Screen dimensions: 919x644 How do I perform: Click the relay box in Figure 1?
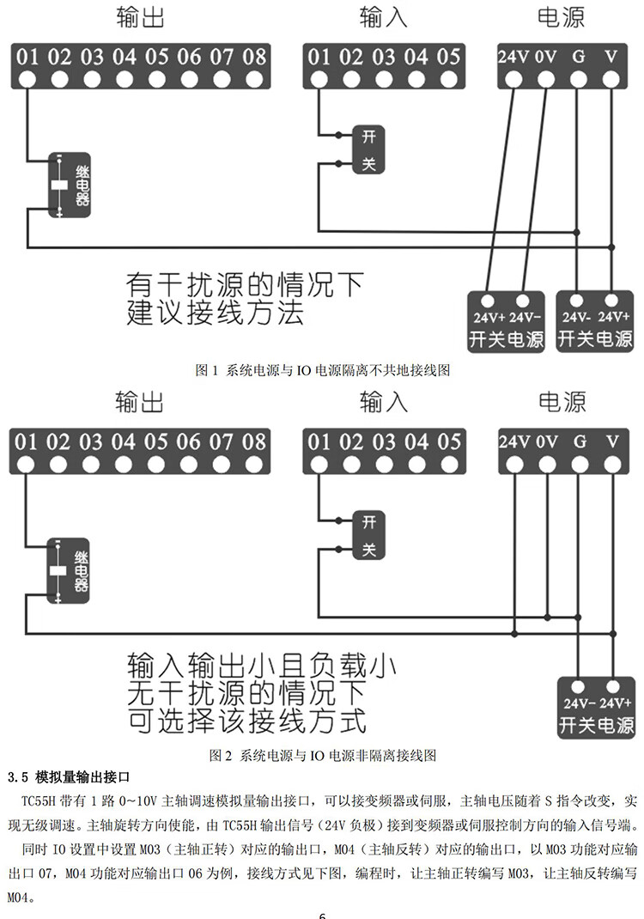point(69,186)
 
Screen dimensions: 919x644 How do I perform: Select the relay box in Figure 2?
point(68,570)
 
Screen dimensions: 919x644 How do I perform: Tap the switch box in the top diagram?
point(368,149)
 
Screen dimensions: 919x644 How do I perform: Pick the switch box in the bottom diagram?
point(368,535)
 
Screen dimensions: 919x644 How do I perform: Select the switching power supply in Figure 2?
point(595,707)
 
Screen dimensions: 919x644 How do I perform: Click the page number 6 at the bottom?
point(323,914)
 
